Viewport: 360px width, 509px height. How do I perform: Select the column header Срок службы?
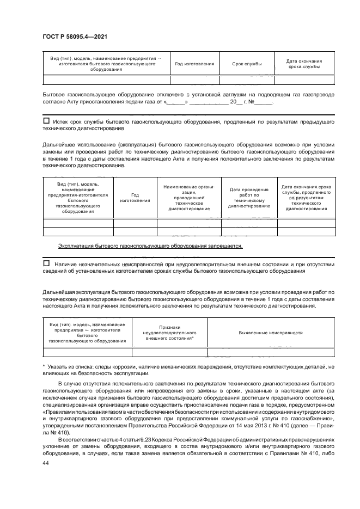tap(247, 64)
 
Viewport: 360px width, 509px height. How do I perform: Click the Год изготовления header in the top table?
tap(194, 64)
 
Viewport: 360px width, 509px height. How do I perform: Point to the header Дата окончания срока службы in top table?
tap(304, 64)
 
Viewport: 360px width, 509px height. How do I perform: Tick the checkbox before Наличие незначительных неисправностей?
tap(46, 263)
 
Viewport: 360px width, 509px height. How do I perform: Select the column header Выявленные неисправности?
tap(271, 333)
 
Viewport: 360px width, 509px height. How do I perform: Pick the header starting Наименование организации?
tap(189, 198)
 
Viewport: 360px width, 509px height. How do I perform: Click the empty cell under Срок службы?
tap(247, 80)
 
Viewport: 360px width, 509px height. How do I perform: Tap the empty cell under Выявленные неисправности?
tap(271, 351)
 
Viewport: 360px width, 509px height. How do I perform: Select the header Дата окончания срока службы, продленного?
tap(306, 198)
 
